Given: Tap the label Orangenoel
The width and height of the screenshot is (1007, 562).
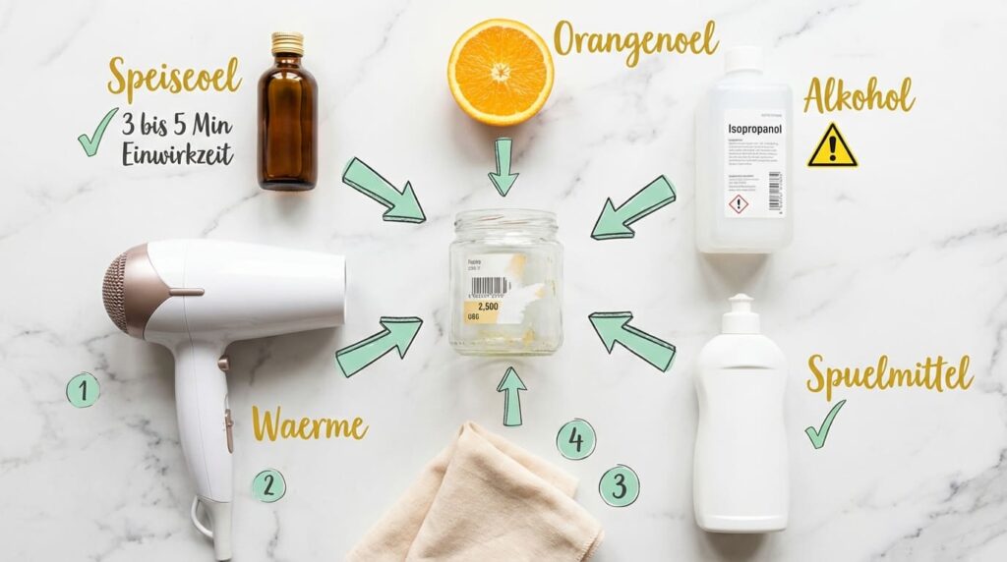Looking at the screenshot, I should pyautogui.click(x=635, y=40).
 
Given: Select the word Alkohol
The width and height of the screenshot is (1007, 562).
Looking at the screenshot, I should pyautogui.click(x=858, y=96).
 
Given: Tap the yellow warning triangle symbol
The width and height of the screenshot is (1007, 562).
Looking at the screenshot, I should pyautogui.click(x=832, y=146).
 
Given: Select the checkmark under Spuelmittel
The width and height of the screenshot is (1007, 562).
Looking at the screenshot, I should pyautogui.click(x=824, y=424).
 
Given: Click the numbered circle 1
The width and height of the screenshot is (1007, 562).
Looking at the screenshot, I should pyautogui.click(x=83, y=391).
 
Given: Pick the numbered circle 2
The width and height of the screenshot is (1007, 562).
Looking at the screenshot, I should pyautogui.click(x=267, y=484).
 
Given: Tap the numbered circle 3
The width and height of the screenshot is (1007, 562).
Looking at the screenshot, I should pyautogui.click(x=619, y=485).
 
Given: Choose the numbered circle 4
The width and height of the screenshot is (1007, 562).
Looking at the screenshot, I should pyautogui.click(x=576, y=439).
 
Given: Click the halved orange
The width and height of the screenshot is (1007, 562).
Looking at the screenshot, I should pyautogui.click(x=501, y=72).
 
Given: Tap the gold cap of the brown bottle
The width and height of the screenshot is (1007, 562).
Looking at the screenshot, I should pyautogui.click(x=287, y=42).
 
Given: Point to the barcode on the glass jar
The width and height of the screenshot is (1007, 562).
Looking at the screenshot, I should pyautogui.click(x=490, y=286).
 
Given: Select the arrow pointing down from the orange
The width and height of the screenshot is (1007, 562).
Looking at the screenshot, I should pyautogui.click(x=503, y=166).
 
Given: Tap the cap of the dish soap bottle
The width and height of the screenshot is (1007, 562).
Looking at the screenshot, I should pyautogui.click(x=740, y=313).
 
